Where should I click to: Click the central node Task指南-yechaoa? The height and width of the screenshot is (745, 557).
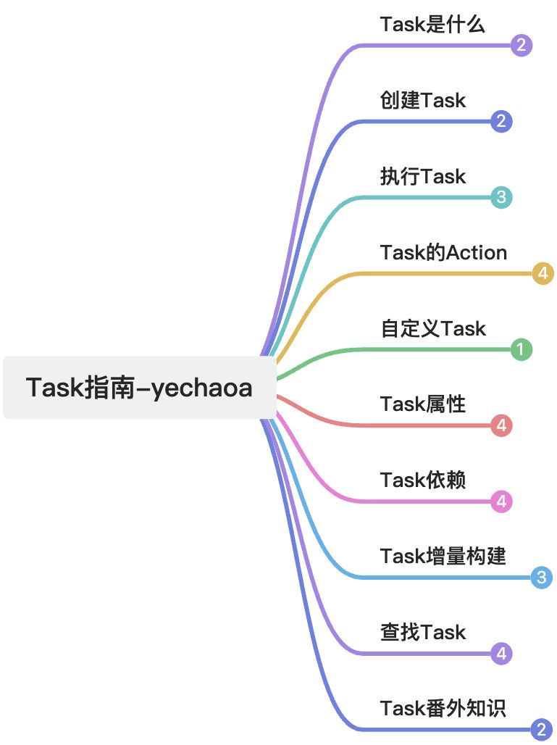[139, 388]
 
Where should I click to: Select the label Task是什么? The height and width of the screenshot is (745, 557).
[432, 25]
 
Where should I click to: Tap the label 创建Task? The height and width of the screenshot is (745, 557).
[423, 100]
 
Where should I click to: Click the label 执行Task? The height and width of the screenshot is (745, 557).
[423, 176]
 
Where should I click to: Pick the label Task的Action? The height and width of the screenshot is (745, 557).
[443, 252]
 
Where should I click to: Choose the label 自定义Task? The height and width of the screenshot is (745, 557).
[433, 328]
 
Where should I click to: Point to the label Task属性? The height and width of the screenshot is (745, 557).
[423, 404]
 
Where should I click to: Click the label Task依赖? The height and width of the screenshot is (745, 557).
[423, 480]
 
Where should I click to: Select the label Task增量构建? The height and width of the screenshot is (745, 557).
[443, 556]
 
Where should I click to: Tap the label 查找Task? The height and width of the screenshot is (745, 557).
[423, 632]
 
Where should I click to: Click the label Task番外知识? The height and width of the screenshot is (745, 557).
[443, 708]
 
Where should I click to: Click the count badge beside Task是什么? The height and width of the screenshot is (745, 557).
[522, 46]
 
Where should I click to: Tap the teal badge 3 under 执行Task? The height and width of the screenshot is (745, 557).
[501, 197]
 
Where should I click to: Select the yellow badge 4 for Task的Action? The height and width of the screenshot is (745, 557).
[543, 274]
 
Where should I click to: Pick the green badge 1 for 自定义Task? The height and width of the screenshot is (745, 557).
[521, 350]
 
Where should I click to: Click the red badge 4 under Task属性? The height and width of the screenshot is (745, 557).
[501, 425]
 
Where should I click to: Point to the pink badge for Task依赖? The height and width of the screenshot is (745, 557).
[501, 501]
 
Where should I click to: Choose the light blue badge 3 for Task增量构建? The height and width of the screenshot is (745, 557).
[542, 578]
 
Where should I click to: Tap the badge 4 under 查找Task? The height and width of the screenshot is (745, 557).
[501, 654]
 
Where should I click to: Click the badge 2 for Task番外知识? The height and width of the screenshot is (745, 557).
[542, 730]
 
